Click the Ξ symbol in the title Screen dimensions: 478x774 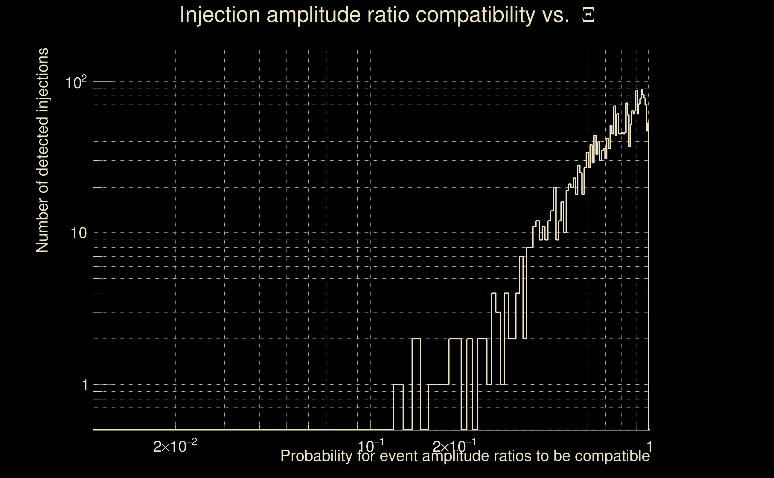coord(588,15)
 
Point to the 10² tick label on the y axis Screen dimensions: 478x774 coord(76,83)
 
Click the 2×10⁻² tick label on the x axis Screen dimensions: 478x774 coord(175,447)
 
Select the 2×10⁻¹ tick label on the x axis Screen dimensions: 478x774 coord(454,447)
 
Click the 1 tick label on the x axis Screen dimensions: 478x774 coord(649,447)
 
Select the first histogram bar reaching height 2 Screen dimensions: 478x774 coord(416,384)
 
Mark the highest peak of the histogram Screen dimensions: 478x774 coord(642,90)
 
